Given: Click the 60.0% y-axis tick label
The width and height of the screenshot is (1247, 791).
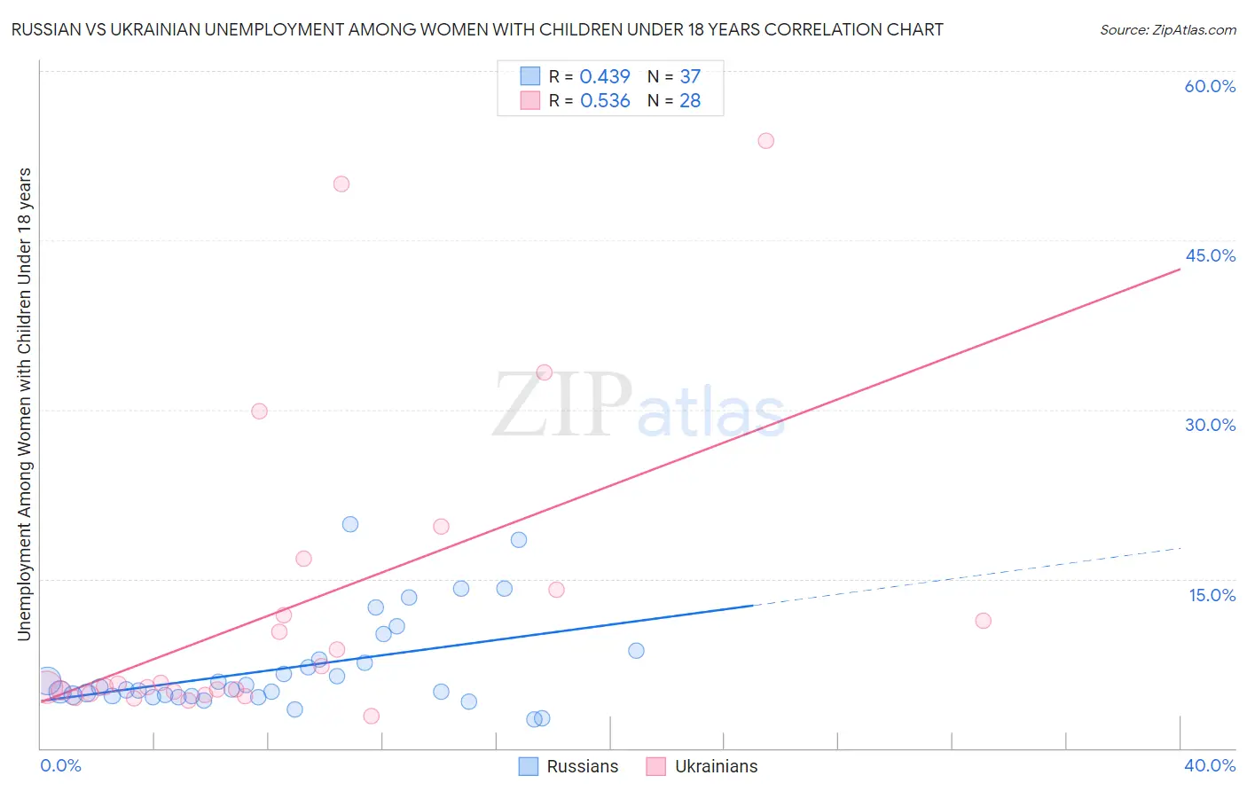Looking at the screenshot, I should pyautogui.click(x=1210, y=86).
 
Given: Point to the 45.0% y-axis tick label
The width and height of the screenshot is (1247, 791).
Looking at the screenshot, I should pyautogui.click(x=1210, y=255).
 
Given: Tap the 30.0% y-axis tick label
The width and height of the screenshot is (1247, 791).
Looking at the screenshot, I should pyautogui.click(x=1210, y=425).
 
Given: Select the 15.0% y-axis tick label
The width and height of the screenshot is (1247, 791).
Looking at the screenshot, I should pyautogui.click(x=1212, y=594).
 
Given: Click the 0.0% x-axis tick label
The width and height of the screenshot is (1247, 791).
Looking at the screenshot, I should pyautogui.click(x=60, y=765).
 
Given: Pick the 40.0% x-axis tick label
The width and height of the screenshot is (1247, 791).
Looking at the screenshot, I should pyautogui.click(x=1209, y=765).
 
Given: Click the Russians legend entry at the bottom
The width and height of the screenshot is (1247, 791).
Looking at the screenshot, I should pyautogui.click(x=569, y=766).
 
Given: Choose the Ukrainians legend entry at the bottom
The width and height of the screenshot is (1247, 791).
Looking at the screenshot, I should pyautogui.click(x=702, y=766).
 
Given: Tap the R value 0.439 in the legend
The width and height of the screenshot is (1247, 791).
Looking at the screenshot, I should pyautogui.click(x=605, y=77).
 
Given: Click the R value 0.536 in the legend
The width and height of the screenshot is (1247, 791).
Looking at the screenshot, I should pyautogui.click(x=605, y=101).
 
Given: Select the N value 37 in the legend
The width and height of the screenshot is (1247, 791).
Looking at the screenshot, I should pyautogui.click(x=690, y=77).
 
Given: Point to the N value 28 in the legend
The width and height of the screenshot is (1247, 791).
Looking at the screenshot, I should pyautogui.click(x=690, y=101).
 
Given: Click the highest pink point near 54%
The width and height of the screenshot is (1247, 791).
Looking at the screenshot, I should pyautogui.click(x=766, y=141).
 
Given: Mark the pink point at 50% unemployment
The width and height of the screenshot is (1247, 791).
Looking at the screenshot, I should pyautogui.click(x=341, y=184).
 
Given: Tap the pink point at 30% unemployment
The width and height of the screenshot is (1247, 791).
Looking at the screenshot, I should pyautogui.click(x=259, y=411).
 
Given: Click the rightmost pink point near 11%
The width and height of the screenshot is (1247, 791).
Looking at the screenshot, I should pyautogui.click(x=983, y=621).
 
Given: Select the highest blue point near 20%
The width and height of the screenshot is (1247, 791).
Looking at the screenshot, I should pyautogui.click(x=350, y=524).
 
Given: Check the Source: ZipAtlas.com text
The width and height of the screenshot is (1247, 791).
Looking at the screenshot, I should pyautogui.click(x=1167, y=30).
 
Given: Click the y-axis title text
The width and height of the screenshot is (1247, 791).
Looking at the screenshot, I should pyautogui.click(x=25, y=403).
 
